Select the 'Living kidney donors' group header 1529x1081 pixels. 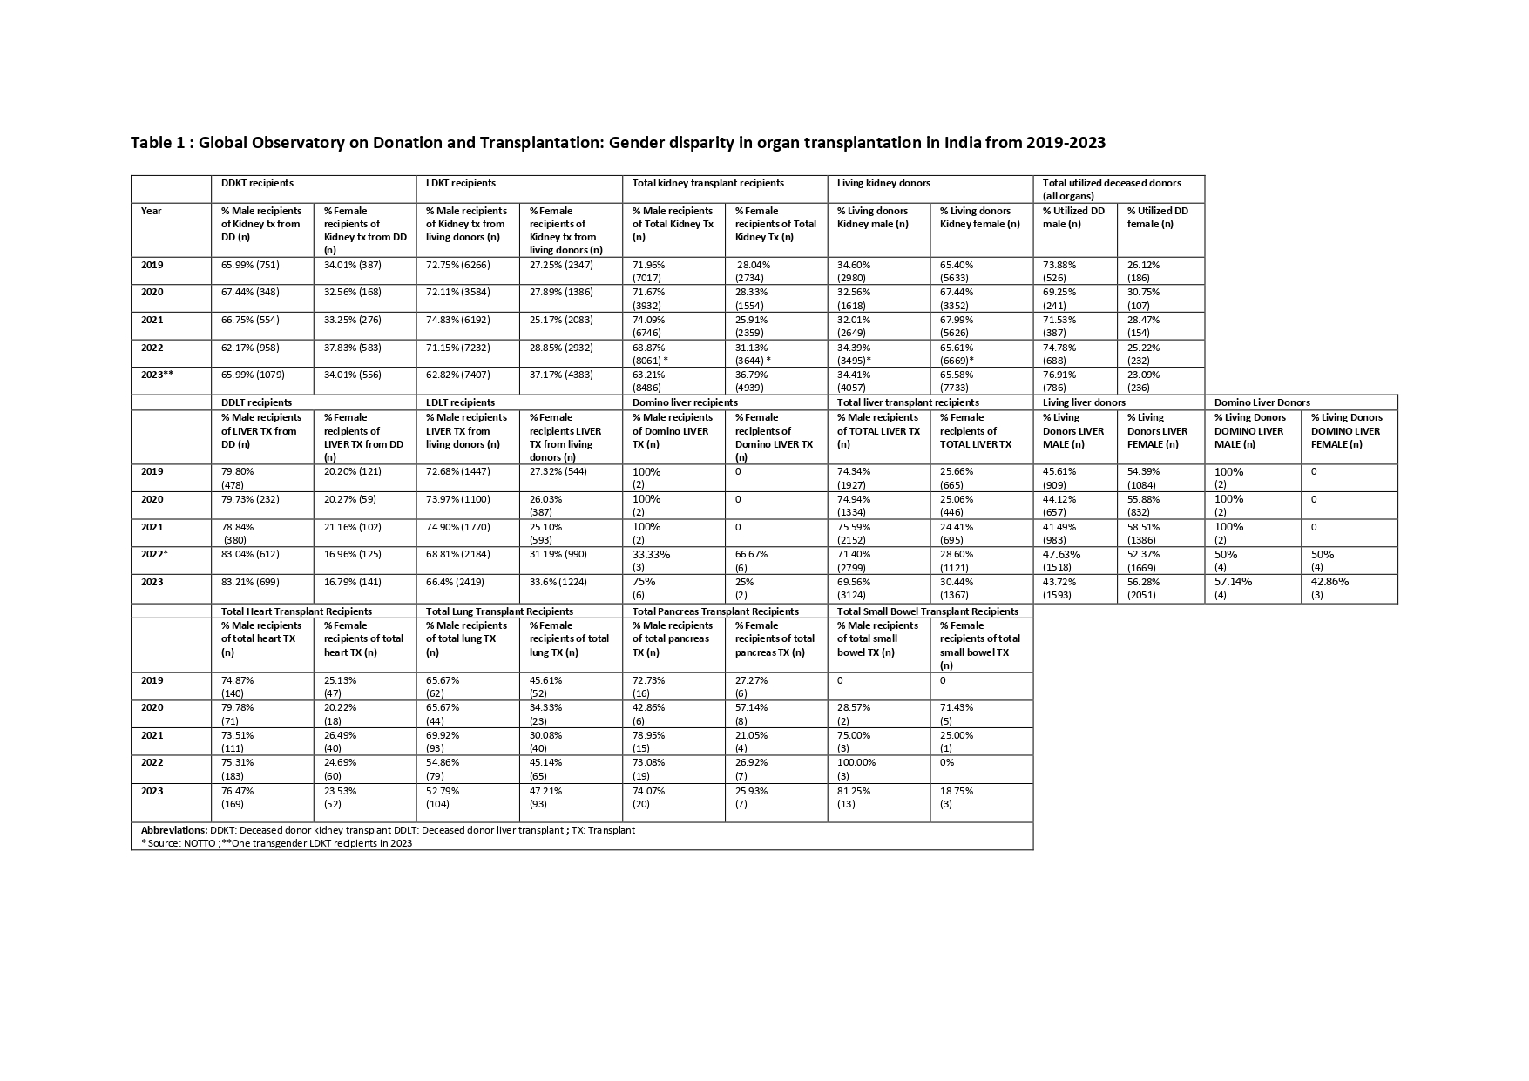click(x=883, y=183)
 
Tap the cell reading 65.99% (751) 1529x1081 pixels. click(x=250, y=265)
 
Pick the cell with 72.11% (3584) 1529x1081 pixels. click(x=457, y=292)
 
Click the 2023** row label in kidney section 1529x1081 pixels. click(x=158, y=375)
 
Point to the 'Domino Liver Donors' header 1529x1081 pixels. click(x=1262, y=402)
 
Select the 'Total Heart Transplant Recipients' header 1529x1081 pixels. click(x=296, y=611)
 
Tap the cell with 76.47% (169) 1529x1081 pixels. click(x=238, y=797)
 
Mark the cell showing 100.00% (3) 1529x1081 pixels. click(x=856, y=769)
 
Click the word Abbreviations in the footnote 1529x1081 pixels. click(x=174, y=830)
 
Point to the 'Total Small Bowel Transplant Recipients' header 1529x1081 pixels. click(x=927, y=611)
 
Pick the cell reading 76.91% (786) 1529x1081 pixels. click(x=1060, y=381)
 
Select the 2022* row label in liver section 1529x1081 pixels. click(x=154, y=554)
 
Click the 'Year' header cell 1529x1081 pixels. click(x=152, y=211)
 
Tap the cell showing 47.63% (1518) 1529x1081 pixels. click(x=1061, y=560)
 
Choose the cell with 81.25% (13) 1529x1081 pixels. click(x=854, y=797)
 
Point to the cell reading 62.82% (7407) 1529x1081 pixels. click(x=457, y=375)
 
